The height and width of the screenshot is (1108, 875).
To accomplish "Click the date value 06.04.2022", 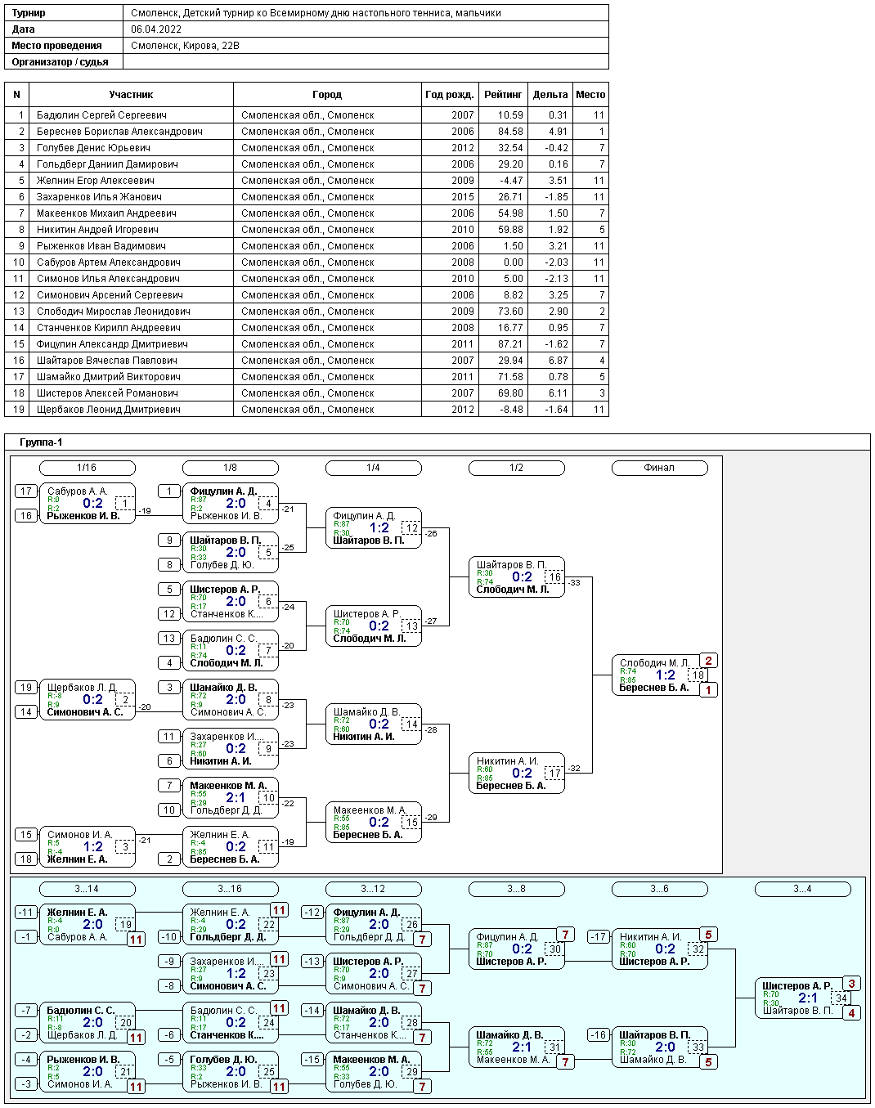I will tap(156, 29).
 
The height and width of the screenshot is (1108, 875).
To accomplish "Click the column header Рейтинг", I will tap(503, 95).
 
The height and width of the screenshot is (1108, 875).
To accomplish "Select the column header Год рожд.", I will tap(449, 95).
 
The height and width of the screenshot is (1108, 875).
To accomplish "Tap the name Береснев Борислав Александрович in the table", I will tap(119, 132).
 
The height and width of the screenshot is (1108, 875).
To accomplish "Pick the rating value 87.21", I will tap(510, 344).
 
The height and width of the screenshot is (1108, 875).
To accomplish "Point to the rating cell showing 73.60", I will tap(510, 312).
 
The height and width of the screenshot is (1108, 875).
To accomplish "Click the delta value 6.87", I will tap(558, 361).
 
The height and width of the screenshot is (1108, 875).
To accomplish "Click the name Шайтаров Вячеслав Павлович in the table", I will tap(107, 361).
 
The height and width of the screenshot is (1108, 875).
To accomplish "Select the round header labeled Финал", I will tap(659, 468).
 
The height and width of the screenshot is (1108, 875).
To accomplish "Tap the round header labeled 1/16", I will tap(87, 468).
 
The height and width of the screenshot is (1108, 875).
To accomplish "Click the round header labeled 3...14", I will tap(87, 889).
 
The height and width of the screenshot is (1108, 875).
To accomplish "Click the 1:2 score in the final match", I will tap(666, 675).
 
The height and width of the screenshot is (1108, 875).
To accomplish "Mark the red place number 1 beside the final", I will tap(708, 690).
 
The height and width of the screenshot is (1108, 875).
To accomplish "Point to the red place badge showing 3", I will tap(851, 985).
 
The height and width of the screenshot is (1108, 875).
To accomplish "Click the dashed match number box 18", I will tap(698, 675).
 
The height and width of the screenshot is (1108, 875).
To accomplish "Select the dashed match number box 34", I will tap(841, 998).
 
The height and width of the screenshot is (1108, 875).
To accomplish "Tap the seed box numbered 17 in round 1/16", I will tap(26, 491).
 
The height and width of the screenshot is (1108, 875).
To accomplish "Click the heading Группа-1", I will tap(41, 442).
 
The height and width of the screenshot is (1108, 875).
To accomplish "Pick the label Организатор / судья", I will tap(61, 62).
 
